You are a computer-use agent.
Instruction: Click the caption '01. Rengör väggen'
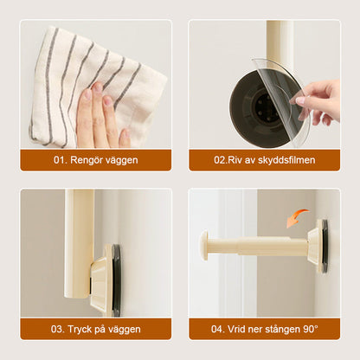click(95, 160)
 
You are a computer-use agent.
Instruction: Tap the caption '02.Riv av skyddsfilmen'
click(265, 160)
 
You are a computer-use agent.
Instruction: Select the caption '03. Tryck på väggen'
click(95, 330)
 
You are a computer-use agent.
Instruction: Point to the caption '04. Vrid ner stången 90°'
click(265, 330)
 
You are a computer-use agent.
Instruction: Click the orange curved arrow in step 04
click(299, 217)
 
